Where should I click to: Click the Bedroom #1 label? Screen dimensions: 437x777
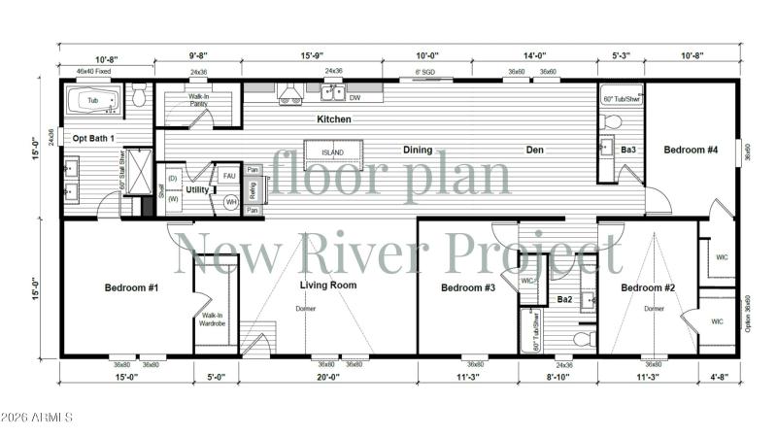[x=132, y=288]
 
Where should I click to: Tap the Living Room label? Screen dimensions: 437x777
[x=327, y=286]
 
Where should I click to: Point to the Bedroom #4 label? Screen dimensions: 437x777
[x=691, y=150]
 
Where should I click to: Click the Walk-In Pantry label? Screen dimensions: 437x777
[x=199, y=99]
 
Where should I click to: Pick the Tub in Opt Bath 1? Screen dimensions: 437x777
[x=93, y=100]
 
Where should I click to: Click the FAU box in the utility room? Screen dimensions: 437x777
[x=229, y=176]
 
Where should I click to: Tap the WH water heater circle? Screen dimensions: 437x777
[x=231, y=201]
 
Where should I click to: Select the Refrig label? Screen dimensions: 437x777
[x=251, y=189]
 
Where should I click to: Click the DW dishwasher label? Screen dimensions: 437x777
[x=355, y=97]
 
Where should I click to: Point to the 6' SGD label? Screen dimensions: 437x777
[x=424, y=72]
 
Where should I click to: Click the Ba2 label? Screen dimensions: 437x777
[x=564, y=299]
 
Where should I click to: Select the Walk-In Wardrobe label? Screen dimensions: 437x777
[x=213, y=319]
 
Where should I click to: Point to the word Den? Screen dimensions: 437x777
[x=535, y=150]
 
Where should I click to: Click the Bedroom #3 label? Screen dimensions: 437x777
[x=468, y=288]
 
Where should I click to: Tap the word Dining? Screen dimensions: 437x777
[x=418, y=150]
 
